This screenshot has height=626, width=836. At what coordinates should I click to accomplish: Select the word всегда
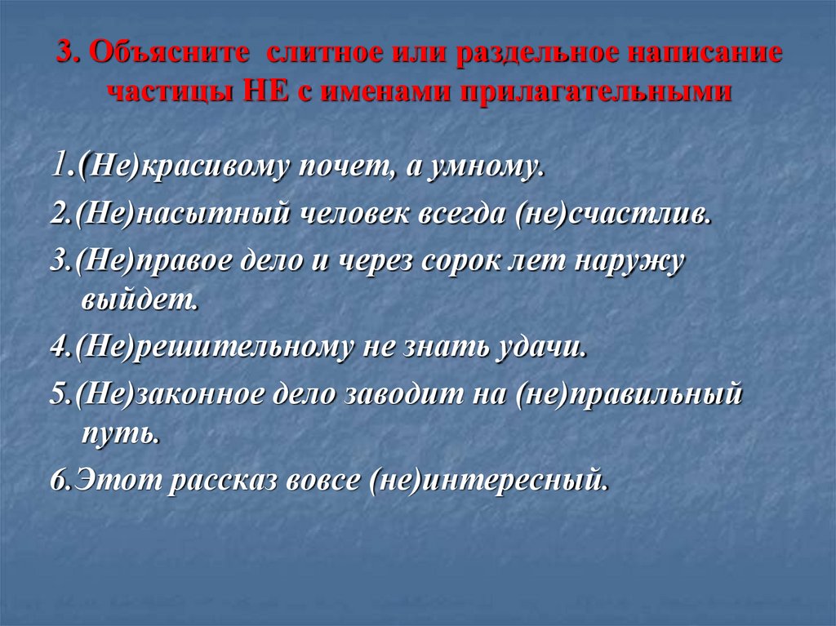click(x=465, y=216)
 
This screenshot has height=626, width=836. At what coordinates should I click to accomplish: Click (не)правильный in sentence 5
click(x=628, y=394)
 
